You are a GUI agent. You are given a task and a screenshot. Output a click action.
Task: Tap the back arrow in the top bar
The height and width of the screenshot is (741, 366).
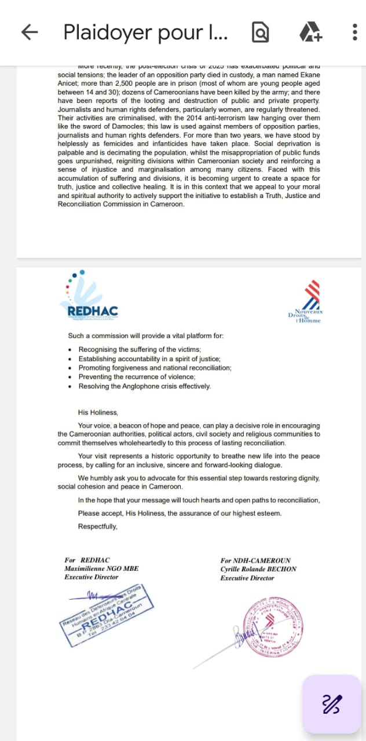30,32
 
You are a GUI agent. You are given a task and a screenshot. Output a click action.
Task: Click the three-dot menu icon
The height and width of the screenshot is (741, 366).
354,32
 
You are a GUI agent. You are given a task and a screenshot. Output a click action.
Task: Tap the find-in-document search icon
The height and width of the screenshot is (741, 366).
261,33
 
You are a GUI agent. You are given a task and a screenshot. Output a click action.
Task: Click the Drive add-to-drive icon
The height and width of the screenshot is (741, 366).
310,32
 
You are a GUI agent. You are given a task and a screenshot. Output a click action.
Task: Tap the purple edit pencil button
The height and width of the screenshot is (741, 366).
332,704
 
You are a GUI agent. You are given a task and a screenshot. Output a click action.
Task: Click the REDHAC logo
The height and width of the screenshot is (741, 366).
88,296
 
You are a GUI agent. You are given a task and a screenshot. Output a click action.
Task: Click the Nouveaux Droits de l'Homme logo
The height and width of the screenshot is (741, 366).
306,303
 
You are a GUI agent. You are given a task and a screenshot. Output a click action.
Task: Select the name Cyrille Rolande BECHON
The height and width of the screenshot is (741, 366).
258,568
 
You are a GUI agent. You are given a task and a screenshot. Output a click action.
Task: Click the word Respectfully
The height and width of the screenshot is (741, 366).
98,526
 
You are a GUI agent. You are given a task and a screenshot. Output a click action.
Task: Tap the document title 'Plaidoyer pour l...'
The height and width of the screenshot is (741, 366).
145,32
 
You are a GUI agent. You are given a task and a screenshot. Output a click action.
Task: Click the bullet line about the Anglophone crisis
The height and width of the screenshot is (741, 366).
145,386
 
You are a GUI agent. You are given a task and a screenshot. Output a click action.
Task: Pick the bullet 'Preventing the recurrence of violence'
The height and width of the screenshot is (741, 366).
137,377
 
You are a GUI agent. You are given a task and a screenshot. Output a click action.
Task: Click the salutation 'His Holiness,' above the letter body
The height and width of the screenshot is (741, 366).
98,412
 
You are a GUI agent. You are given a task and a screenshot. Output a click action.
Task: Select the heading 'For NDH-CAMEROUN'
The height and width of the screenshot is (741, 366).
255,560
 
